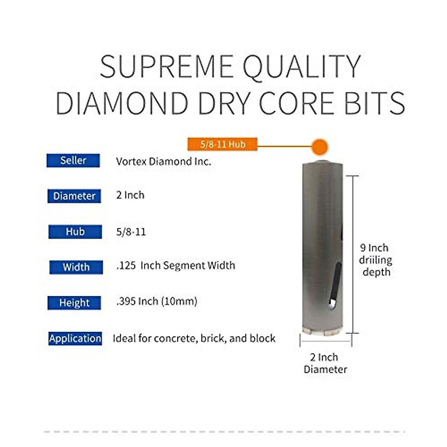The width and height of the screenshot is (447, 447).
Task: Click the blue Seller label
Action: click(73, 161)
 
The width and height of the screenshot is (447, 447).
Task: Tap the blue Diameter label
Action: click(74, 196)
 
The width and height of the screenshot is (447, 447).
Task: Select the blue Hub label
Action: click(75, 232)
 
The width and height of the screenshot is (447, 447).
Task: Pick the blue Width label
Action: click(76, 267)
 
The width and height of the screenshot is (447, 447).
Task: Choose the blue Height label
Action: click(74, 303)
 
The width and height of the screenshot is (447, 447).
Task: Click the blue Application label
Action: click(75, 338)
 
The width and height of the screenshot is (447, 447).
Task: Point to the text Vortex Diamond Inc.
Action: click(163, 162)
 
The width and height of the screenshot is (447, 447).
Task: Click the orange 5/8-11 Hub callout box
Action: click(222, 144)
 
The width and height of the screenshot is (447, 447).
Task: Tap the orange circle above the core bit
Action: click(319, 147)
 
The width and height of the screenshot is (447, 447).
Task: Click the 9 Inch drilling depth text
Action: click(375, 260)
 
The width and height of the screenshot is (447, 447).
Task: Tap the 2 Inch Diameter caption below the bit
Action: click(325, 363)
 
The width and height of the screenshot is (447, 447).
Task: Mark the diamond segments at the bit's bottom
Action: click(322, 332)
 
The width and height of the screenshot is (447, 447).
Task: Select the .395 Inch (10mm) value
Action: click(156, 301)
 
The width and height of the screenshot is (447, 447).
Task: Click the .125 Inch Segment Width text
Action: click(175, 266)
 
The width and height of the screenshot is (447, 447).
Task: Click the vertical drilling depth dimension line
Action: click(352, 253)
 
